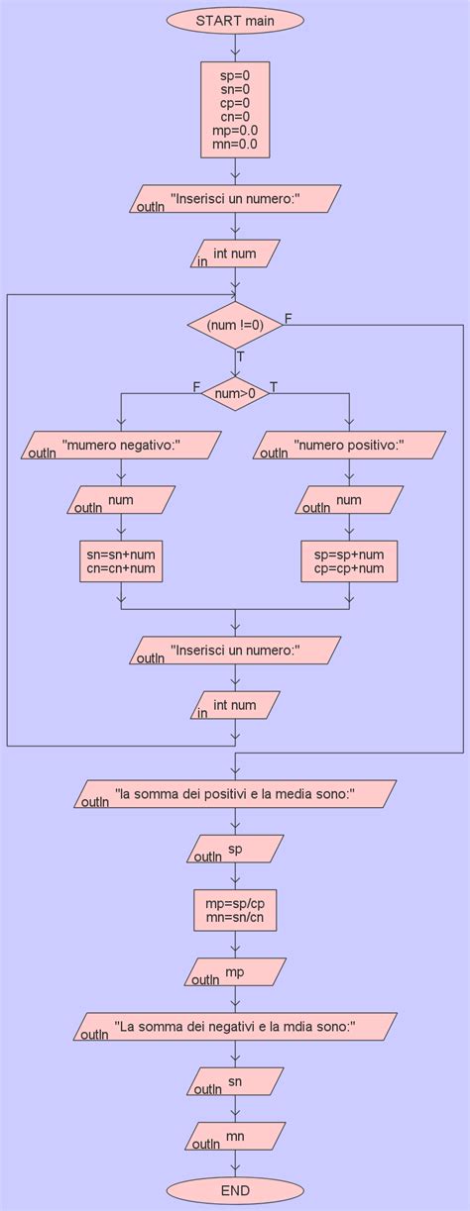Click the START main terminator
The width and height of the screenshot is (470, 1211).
pos(235,19)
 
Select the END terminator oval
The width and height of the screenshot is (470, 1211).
pos(235,1190)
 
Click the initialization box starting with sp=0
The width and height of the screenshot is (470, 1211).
pos(235,110)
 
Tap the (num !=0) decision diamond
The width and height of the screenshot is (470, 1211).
pos(235,324)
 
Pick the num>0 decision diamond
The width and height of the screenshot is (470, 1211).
pos(235,394)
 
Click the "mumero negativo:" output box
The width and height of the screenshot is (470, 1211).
pos(121,446)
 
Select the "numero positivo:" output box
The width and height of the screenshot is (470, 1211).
pos(349,446)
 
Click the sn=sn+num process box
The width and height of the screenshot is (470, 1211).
pos(121,561)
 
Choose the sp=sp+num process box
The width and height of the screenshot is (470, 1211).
pos(349,561)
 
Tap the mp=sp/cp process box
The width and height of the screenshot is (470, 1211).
pos(235,911)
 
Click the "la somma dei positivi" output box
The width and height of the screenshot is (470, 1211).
pos(235,795)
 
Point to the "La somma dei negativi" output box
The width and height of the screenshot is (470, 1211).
pos(235,1027)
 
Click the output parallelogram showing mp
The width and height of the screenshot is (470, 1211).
pos(235,972)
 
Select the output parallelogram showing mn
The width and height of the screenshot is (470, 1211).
pos(235,1137)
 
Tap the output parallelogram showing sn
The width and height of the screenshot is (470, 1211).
pos(235,1081)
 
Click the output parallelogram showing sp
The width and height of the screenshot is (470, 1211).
pos(235,850)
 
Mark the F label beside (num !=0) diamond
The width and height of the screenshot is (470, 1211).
pos(289,318)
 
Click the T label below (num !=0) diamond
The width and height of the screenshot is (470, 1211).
pos(240,356)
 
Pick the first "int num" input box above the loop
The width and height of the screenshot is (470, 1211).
pos(235,254)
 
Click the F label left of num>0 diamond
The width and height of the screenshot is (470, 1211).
pos(196,386)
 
